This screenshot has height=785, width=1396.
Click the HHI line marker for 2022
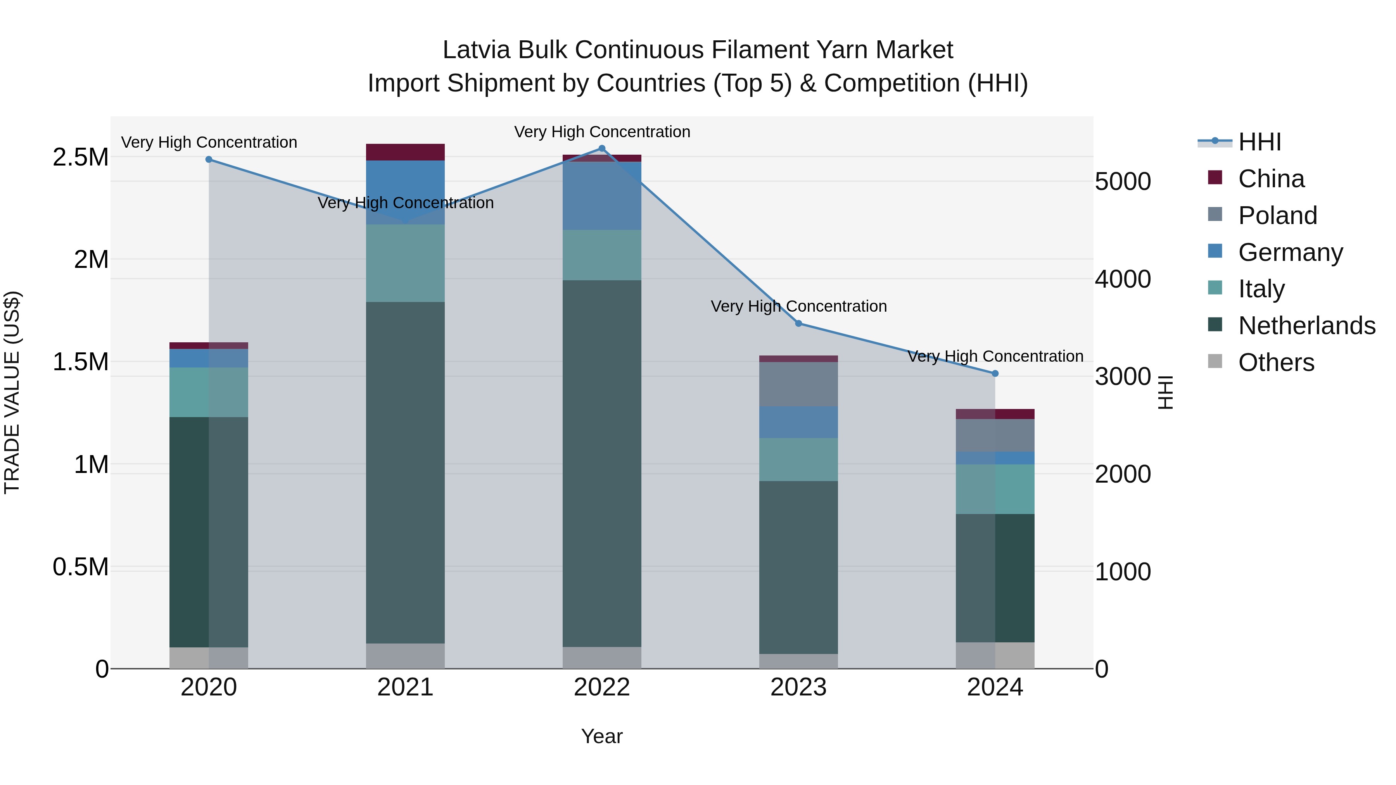coord(601,148)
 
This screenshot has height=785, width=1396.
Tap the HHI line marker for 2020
coord(209,159)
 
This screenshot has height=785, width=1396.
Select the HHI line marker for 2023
coord(798,323)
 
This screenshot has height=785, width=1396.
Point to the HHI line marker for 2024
coord(995,373)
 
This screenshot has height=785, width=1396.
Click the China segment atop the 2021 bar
coord(405,152)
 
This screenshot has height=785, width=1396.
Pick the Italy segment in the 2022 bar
coord(601,255)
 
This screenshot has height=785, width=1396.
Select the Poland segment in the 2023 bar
coord(798,384)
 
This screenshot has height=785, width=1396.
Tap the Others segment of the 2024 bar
coord(995,656)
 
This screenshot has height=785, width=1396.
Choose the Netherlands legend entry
coord(1306,326)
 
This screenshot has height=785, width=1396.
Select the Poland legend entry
coord(1277,216)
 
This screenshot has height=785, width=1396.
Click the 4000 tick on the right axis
coord(1122,279)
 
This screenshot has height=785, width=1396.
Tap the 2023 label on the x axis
coord(798,687)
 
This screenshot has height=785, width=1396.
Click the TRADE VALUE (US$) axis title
coord(12,392)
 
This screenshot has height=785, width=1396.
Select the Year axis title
coord(601,736)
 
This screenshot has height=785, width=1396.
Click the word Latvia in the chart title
coord(476,50)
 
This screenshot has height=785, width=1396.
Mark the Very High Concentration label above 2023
coord(798,306)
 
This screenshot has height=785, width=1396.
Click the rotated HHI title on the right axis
coord(1166,392)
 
